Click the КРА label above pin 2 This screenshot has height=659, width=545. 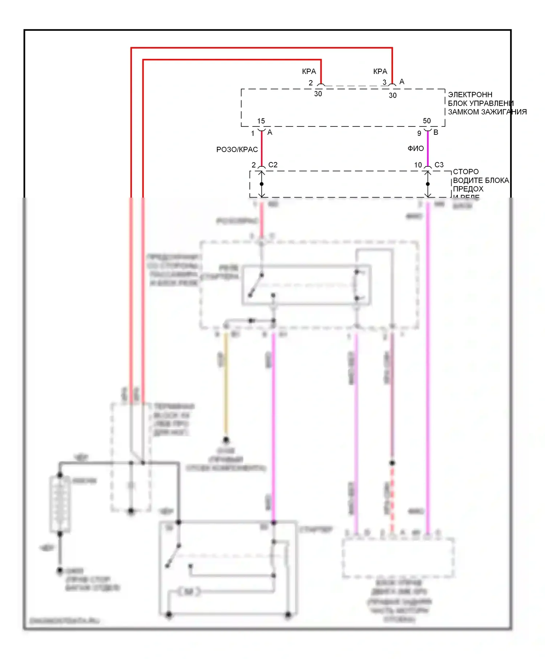pos(309,72)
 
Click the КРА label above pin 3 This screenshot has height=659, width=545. pos(380,72)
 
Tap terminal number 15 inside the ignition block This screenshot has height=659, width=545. pos(261,121)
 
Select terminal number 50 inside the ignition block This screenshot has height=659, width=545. pos(427,121)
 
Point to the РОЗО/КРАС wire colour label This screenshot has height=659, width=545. pos(237,150)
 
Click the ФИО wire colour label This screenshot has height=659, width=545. pos(416,149)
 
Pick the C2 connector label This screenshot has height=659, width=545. pos(273,165)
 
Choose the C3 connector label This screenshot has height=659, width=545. pos(439,165)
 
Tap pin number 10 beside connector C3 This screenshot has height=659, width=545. pos(418,165)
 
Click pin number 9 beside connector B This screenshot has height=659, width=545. pos(419,133)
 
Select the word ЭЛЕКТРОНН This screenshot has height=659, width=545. pos(470,94)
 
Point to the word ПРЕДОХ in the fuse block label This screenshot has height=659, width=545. pos(468,189)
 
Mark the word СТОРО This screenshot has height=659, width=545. pos(465,171)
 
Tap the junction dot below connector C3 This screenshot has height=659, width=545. pos(428,184)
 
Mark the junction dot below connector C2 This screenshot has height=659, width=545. pos(262,184)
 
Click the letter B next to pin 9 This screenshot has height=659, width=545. pos(436,133)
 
